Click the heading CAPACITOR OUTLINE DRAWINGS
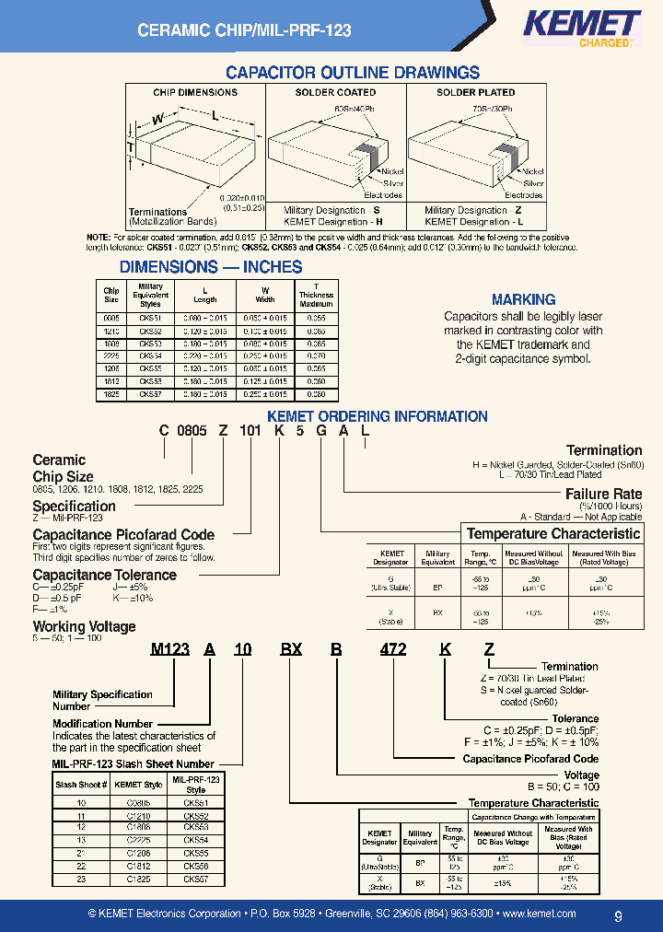pos(353,73)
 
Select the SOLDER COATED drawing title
pos(335,92)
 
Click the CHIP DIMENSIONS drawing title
pos(194,92)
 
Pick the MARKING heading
pos(523,299)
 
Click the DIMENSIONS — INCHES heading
pos(211,267)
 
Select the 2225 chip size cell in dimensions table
pos(111,355)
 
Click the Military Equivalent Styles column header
pos(150,295)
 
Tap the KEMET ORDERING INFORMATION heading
pos(377,416)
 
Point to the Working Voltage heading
pos(84,626)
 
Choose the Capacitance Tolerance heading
pos(104,575)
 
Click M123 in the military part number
pos(169,649)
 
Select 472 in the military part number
pos(393,649)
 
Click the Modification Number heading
pos(102,724)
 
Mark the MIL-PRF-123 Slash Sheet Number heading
pos(133,763)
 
